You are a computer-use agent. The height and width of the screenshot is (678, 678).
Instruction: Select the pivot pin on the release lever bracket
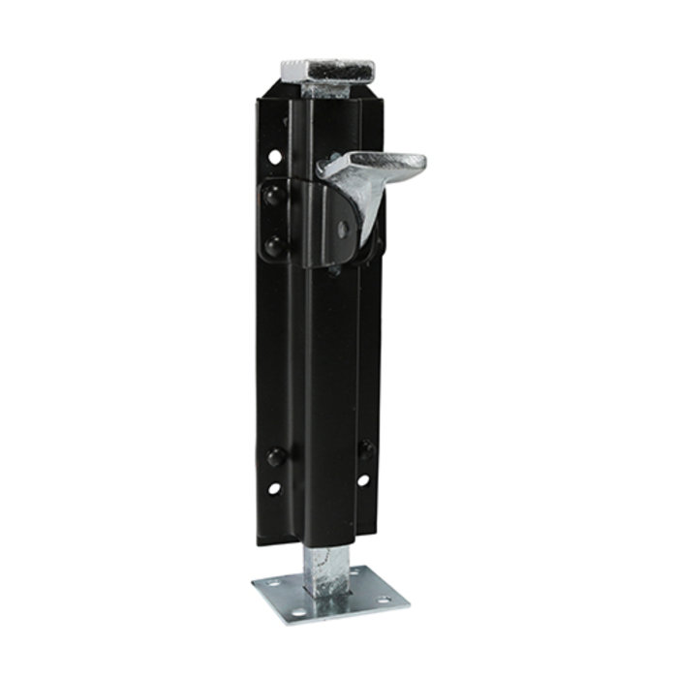344,230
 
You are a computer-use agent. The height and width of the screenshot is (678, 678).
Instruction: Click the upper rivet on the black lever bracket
273,197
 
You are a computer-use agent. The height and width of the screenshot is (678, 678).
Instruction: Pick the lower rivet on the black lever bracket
273,243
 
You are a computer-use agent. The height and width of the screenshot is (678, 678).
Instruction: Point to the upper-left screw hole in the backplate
275,155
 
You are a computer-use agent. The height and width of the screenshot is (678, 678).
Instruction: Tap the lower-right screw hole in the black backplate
363,479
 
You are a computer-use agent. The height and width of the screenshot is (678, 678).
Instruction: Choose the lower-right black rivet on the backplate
366,447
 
